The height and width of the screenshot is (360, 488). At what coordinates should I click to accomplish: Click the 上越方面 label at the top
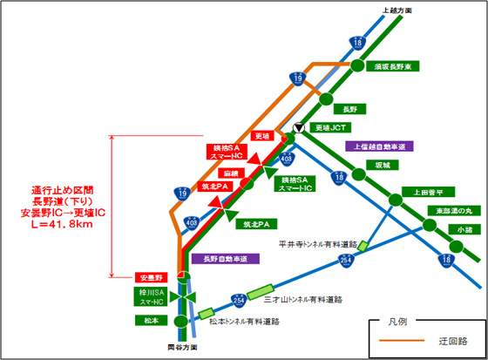point(397,10)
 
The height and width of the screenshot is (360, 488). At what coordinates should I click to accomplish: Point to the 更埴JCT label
point(329,126)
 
